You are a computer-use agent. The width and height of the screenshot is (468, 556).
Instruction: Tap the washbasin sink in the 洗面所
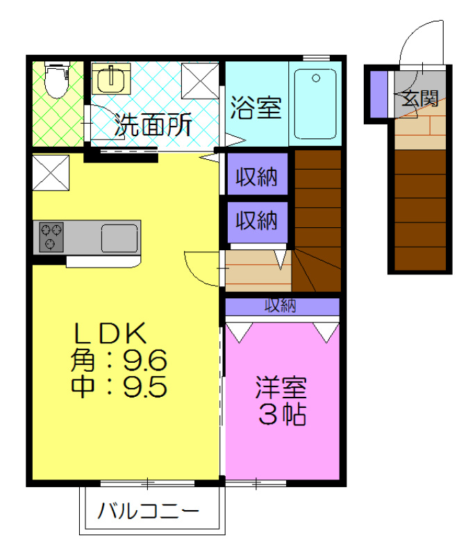tap(110, 79)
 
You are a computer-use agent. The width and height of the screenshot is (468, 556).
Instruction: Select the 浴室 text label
tap(255, 108)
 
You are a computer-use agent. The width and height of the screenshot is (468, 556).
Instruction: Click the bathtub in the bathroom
tap(315, 104)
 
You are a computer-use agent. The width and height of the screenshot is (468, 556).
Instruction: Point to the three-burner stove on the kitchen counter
tap(51, 237)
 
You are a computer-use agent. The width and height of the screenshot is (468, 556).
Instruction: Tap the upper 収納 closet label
tap(256, 177)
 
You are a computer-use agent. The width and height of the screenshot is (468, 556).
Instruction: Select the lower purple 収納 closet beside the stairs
tap(256, 221)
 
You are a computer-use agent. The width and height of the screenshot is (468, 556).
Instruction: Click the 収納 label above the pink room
tap(280, 305)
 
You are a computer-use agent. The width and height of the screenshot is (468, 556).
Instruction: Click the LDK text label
tap(111, 334)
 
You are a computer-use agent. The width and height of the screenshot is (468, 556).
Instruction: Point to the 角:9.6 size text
tap(119, 360)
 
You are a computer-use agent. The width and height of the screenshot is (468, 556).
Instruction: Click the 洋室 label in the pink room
tap(281, 387)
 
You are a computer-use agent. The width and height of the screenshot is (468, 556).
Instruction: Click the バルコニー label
tap(148, 512)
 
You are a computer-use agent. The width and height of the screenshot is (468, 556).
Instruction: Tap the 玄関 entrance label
tap(420, 99)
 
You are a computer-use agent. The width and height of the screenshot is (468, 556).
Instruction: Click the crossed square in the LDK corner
tap(51, 173)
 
